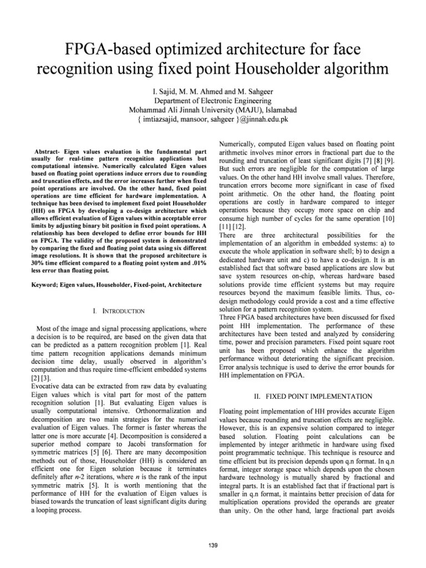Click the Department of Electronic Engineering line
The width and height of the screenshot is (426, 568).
[x=213, y=101]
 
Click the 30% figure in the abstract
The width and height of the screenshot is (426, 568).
[x=40, y=262]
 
